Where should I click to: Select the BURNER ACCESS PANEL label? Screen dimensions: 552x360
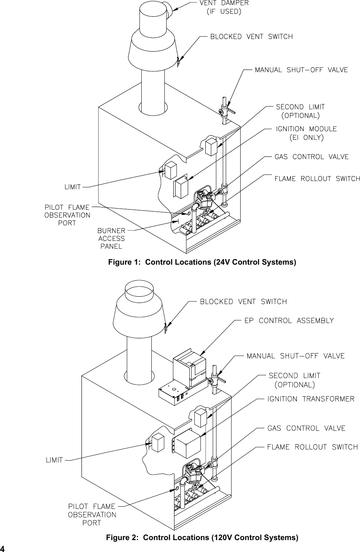[111, 238]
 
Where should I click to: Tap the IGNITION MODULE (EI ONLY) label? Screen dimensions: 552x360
[306, 133]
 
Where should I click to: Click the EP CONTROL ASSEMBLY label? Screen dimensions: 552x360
[289, 320]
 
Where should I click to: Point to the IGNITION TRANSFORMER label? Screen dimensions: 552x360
[311, 399]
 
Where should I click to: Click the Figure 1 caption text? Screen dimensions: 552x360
[202, 262]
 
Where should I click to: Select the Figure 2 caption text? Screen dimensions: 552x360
[202, 538]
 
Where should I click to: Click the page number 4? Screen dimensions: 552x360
[3, 549]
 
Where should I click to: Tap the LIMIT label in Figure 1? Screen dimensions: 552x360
[73, 187]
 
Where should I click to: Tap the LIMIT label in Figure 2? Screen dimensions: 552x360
[54, 460]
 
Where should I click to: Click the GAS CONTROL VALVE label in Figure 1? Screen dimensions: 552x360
[311, 157]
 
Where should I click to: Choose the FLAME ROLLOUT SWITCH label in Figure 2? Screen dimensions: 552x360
[312, 447]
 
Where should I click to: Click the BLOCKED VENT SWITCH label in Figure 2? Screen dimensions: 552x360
[243, 301]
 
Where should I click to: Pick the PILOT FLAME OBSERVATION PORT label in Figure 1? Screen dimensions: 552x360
[67, 215]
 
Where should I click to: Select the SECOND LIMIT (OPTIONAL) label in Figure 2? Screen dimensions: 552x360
[294, 380]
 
